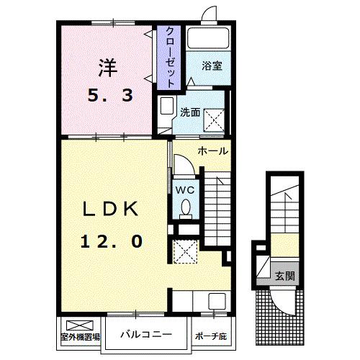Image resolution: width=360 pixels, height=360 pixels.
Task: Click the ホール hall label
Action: click(214, 151)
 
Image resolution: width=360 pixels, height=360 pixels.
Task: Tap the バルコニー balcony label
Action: click(145, 334)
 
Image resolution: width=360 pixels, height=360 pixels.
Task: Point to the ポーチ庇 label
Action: click(210, 335)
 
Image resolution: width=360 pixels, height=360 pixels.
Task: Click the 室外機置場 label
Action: click(79, 336)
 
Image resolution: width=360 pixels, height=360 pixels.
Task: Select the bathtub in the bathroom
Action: click(207, 38)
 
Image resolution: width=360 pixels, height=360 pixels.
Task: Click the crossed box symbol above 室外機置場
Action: click(74, 324)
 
